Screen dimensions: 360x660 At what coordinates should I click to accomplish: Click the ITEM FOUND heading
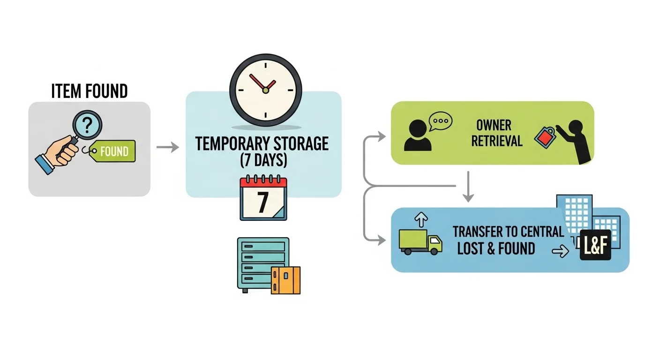click(x=89, y=91)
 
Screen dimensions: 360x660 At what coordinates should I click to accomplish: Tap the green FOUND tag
click(x=113, y=151)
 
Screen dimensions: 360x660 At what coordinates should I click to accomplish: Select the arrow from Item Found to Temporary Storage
click(x=167, y=147)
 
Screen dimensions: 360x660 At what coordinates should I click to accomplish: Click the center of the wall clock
click(x=265, y=90)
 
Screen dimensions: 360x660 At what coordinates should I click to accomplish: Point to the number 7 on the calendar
click(x=262, y=202)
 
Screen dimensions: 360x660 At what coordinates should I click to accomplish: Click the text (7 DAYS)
click(x=263, y=160)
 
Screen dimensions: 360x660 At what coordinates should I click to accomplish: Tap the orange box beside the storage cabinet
click(x=285, y=280)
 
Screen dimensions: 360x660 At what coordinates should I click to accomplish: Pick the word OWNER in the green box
click(x=494, y=125)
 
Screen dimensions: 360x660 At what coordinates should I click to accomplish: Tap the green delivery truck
click(x=420, y=242)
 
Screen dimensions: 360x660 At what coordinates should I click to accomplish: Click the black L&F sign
click(x=595, y=245)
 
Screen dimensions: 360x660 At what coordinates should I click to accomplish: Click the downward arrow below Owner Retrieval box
click(x=467, y=188)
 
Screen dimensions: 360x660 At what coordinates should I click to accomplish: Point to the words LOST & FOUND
click(x=495, y=248)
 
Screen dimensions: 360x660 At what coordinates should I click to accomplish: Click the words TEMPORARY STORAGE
click(x=262, y=143)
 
